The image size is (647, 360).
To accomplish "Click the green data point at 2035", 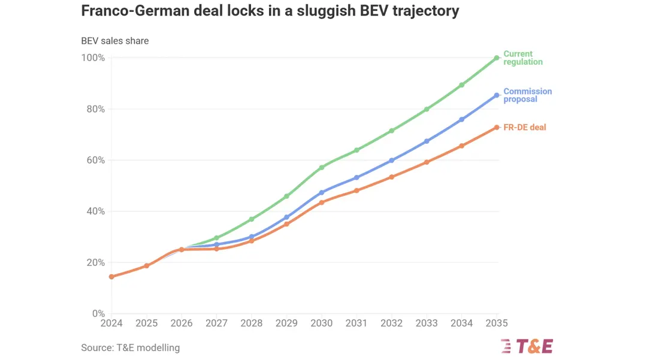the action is pos(497,58).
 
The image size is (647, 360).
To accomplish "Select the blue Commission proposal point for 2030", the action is pos(322,192).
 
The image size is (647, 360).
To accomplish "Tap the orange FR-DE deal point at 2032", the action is pos(392,177).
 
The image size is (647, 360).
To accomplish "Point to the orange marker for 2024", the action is pos(111,277).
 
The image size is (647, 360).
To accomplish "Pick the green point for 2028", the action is pos(252,219).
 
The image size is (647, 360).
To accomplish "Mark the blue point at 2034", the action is pos(462,120).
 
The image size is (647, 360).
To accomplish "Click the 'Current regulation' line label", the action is pos(523,58).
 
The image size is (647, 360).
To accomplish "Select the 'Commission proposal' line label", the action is pos(527,95).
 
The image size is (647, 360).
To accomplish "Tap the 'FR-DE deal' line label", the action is pos(524,128).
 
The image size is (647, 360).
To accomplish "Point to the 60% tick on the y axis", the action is pos(93,160).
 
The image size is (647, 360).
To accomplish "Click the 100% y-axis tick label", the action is pos(93,58).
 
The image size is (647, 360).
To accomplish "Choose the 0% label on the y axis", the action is pos(99,313).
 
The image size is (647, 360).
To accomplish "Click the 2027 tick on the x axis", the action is pos(217,323).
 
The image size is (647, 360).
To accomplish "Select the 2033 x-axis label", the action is pos(427,323).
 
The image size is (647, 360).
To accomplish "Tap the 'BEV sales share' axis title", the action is pos(114,41).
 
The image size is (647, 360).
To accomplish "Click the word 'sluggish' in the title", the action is pos(325,11).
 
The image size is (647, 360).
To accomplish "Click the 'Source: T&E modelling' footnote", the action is pos(131,347).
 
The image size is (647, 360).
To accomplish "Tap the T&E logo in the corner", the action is pos(527,346).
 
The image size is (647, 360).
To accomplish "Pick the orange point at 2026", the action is pos(182,250).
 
